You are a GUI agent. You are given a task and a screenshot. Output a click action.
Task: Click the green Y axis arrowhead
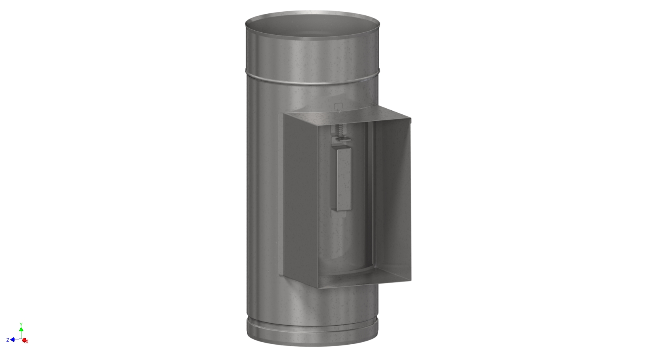[x=21, y=330]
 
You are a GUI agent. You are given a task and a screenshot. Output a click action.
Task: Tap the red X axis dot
[x=24, y=340]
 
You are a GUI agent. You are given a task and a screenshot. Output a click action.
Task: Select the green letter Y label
[x=21, y=324]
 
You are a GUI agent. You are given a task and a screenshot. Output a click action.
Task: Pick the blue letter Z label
[x=8, y=340]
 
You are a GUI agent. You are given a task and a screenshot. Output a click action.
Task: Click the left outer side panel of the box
[x=301, y=200]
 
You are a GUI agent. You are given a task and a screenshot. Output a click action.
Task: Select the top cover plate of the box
[x=347, y=115]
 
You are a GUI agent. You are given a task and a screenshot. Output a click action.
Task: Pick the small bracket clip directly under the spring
[x=341, y=139]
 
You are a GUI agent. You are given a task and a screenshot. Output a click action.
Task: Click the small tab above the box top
[x=339, y=106]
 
